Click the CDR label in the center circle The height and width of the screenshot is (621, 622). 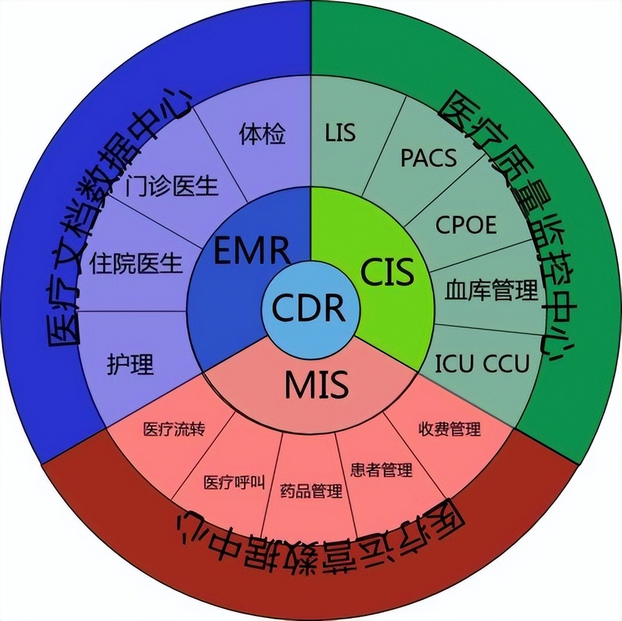(x=310, y=308)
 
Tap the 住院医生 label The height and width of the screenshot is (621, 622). (x=136, y=263)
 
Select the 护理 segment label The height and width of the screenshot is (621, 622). (x=129, y=364)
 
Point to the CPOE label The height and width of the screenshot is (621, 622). (x=466, y=224)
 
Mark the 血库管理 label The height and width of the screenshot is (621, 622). (x=491, y=290)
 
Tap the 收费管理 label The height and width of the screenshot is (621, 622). (x=449, y=428)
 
